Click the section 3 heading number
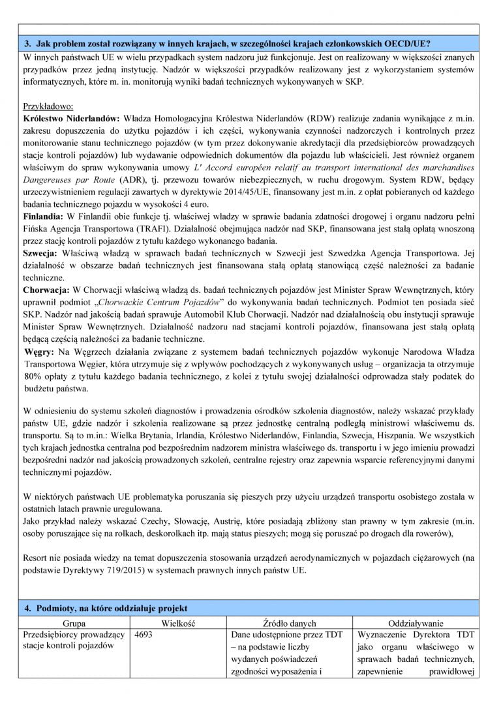28,44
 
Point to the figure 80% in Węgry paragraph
33,376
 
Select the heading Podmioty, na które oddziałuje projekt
111,608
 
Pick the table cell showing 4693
145,635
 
